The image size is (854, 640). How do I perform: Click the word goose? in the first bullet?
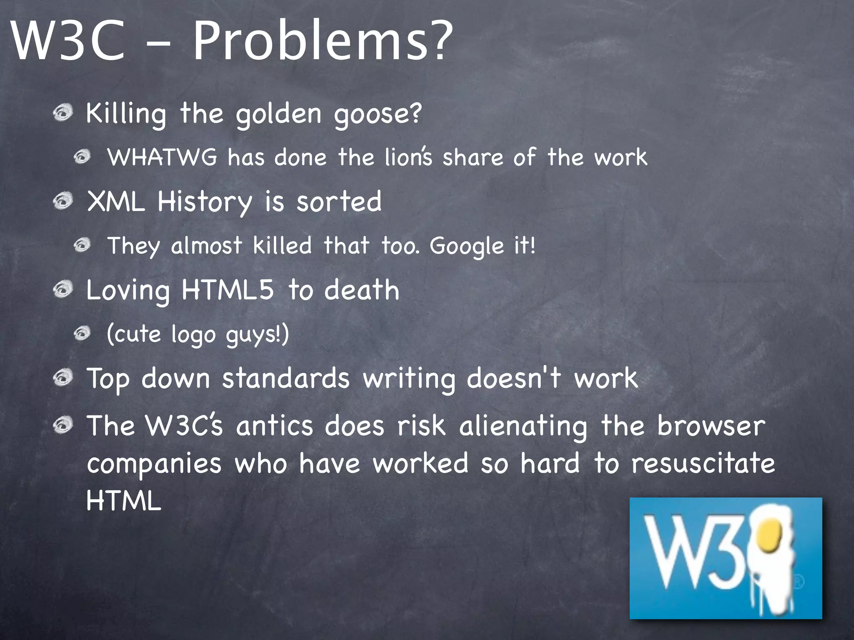(x=378, y=114)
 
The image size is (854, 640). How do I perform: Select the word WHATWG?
(x=163, y=157)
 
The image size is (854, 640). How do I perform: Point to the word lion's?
(x=408, y=157)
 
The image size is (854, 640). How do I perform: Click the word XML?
(x=116, y=202)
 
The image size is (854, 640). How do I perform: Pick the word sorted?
(x=339, y=202)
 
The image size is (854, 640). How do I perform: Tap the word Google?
(x=467, y=246)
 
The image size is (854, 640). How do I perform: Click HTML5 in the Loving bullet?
(x=228, y=290)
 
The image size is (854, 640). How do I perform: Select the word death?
(x=362, y=290)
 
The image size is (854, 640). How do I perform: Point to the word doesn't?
(x=514, y=379)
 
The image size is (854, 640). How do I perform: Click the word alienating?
(x=523, y=427)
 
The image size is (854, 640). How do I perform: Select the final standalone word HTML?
(x=123, y=500)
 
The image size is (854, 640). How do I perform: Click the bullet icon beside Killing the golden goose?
(x=63, y=113)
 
